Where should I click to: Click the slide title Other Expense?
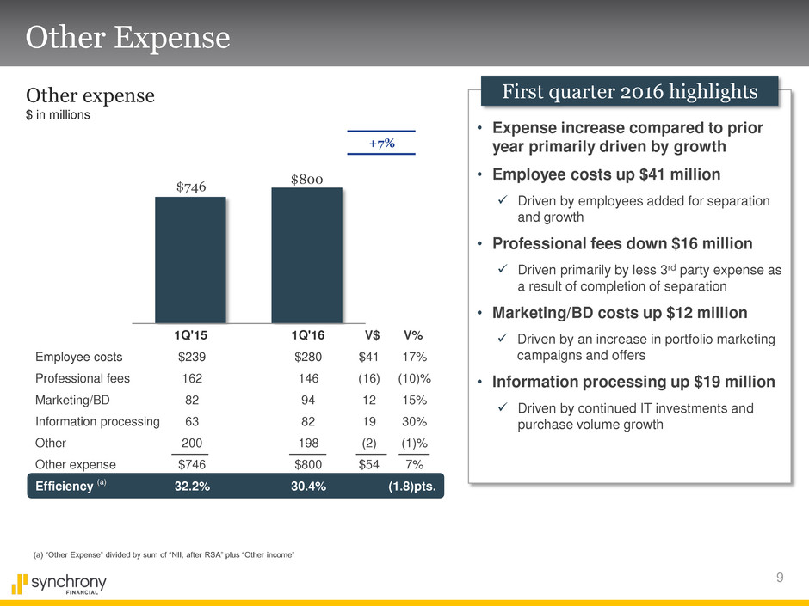pyautogui.click(x=128, y=37)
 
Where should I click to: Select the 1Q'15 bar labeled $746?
pyautogui.click(x=190, y=260)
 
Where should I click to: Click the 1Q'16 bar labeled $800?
pyautogui.click(x=306, y=255)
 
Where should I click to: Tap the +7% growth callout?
pyautogui.click(x=380, y=143)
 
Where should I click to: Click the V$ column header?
pyautogui.click(x=374, y=335)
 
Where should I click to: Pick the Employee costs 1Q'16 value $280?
pyautogui.click(x=307, y=357)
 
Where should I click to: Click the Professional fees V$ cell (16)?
pyautogui.click(x=374, y=379)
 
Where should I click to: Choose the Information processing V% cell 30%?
pyautogui.click(x=414, y=422)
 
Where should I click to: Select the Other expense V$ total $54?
pyautogui.click(x=374, y=466)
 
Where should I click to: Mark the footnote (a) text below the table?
pyautogui.click(x=164, y=556)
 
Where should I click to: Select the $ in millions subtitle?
pyautogui.click(x=59, y=115)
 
